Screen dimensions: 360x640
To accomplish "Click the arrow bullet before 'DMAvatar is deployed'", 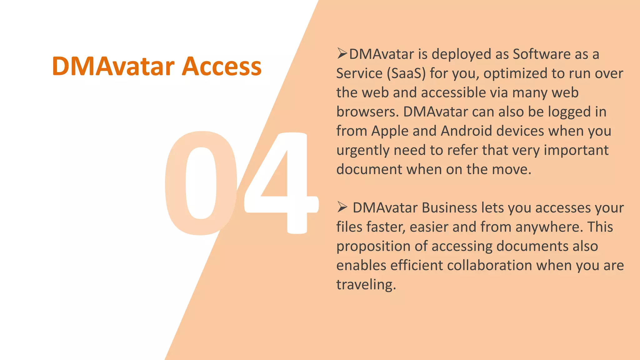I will coord(342,54).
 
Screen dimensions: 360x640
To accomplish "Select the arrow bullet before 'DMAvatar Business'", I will coord(342,207).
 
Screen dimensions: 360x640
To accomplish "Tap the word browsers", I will coord(367,112).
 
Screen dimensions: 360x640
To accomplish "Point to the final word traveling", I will coord(366,285).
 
